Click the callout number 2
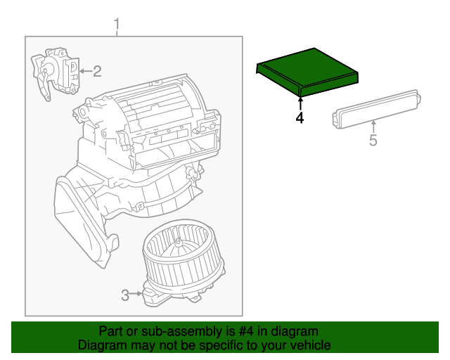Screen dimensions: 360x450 pyautogui.click(x=97, y=70)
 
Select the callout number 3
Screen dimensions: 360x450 pyautogui.click(x=125, y=295)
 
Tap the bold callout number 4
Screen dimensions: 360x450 pyautogui.click(x=300, y=118)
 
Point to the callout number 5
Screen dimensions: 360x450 pyautogui.click(x=373, y=141)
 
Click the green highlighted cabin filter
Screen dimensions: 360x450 pyautogui.click(x=307, y=71)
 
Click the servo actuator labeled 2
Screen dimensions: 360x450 pyautogui.click(x=55, y=72)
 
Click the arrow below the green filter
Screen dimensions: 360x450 pyautogui.click(x=300, y=103)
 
